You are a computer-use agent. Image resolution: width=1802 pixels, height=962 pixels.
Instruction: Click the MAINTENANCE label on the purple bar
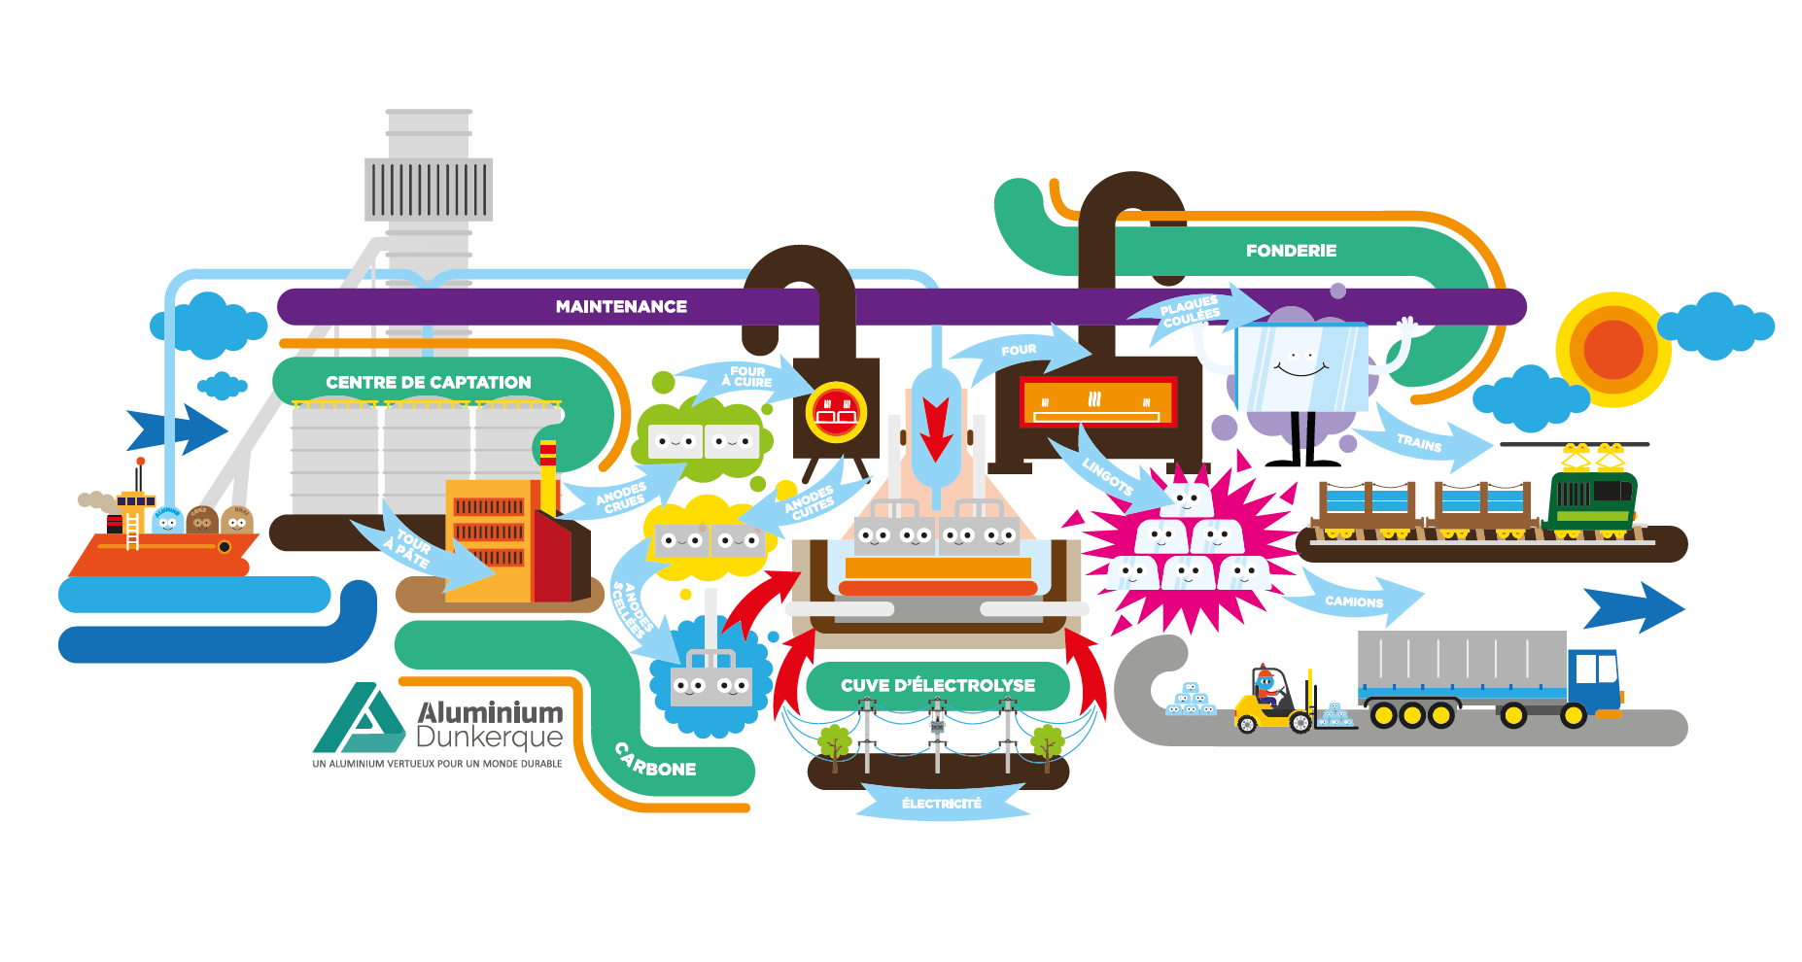tap(621, 307)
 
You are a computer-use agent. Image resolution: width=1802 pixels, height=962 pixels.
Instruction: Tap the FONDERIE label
tap(1291, 251)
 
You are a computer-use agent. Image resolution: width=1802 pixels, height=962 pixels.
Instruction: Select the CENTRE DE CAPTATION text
tap(428, 383)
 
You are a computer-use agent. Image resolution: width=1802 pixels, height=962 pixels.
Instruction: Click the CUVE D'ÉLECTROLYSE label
tap(937, 686)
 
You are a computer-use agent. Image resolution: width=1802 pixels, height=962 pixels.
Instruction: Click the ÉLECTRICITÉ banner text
tap(941, 804)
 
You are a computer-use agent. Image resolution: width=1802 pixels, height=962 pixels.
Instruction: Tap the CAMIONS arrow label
tap(1353, 601)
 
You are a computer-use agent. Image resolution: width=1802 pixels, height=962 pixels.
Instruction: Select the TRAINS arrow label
tap(1419, 443)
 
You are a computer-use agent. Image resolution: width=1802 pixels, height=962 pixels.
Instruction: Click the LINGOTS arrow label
tap(1108, 476)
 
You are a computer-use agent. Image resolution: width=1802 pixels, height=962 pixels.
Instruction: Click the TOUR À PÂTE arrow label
tap(409, 548)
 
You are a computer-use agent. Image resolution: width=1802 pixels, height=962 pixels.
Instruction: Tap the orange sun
tap(1612, 350)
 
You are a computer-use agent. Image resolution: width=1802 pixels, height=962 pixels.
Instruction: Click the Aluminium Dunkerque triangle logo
tap(358, 721)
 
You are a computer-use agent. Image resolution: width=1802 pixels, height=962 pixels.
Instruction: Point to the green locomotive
tap(1591, 500)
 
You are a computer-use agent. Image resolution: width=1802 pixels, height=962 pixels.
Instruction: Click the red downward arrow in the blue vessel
tap(936, 428)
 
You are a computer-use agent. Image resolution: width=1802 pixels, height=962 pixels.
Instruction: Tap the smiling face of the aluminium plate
tap(1300, 365)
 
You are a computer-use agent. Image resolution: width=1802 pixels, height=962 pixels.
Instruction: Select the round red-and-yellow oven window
tap(836, 411)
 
